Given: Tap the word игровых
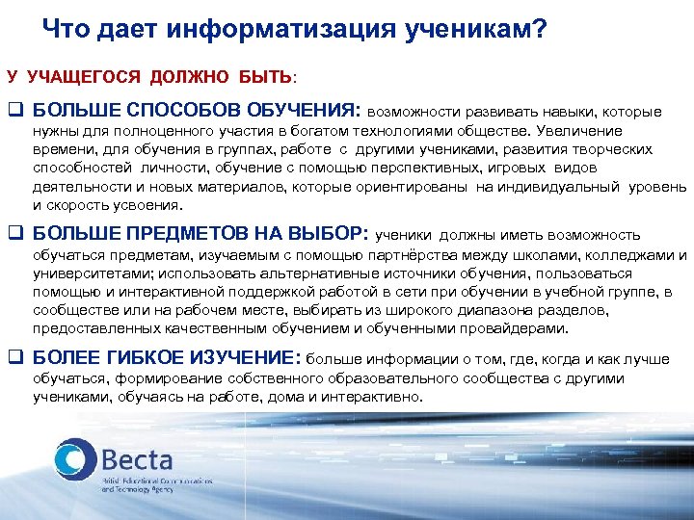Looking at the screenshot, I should coord(527,168).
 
